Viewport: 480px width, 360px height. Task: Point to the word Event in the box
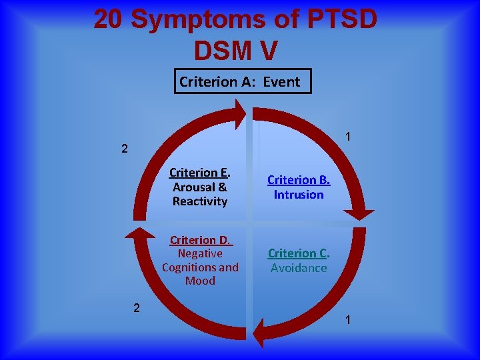tap(281, 82)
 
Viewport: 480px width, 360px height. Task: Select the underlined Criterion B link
tap(298, 180)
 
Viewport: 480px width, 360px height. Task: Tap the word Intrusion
tap(298, 195)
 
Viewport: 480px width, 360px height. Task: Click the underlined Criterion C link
tap(298, 253)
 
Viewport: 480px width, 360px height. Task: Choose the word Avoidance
tap(298, 268)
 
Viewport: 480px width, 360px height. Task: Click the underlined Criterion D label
tap(200, 240)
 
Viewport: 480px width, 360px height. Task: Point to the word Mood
tap(200, 281)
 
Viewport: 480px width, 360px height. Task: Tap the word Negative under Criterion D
tap(200, 253)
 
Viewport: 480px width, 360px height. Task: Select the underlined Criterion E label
tap(200, 173)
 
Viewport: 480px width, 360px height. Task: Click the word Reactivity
tap(200, 201)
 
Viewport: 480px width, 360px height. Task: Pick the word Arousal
tap(194, 187)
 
